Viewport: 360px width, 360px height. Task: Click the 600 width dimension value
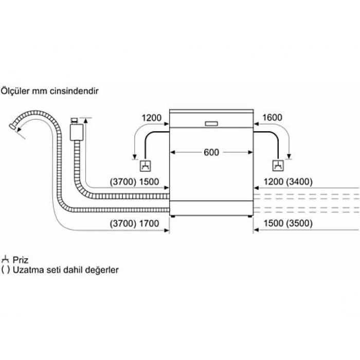pyautogui.click(x=211, y=152)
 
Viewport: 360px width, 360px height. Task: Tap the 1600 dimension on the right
pyautogui.click(x=272, y=118)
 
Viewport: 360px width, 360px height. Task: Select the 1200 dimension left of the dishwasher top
pyautogui.click(x=152, y=118)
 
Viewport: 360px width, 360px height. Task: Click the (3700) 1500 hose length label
pyautogui.click(x=134, y=182)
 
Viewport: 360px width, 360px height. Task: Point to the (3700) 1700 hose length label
pyautogui.click(x=134, y=223)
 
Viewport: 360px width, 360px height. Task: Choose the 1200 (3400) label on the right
pyautogui.click(x=288, y=182)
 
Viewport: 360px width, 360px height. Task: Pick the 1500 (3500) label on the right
pyautogui.click(x=288, y=223)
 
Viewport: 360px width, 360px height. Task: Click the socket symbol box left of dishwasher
pyautogui.click(x=146, y=166)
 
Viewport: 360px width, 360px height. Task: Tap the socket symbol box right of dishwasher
pyautogui.click(x=278, y=166)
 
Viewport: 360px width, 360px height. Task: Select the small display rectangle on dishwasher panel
pyautogui.click(x=211, y=124)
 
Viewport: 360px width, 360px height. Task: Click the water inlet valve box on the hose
pyautogui.click(x=77, y=132)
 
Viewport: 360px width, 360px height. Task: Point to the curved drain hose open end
pyautogui.click(x=12, y=127)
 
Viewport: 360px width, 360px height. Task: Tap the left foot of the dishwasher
pyautogui.click(x=173, y=216)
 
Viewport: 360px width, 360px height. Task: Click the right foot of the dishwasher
pyautogui.click(x=250, y=216)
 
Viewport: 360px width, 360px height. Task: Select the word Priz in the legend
pyautogui.click(x=21, y=260)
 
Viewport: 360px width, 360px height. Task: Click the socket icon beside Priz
pyautogui.click(x=5, y=259)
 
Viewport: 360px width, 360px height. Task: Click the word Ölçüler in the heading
pyautogui.click(x=15, y=91)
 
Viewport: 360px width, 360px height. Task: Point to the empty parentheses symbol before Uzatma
pyautogui.click(x=6, y=270)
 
